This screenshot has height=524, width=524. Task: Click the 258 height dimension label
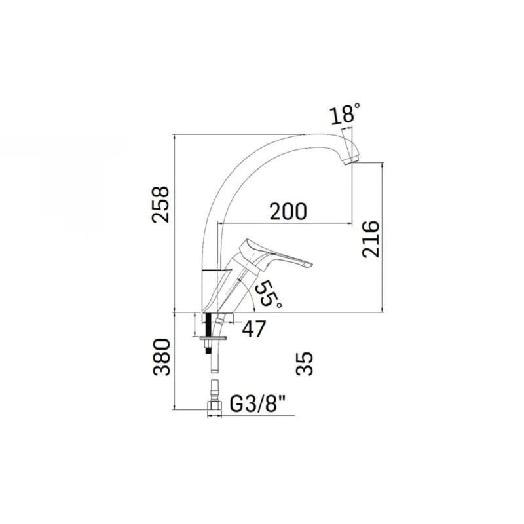click(x=160, y=204)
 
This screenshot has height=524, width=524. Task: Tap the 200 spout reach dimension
click(x=288, y=212)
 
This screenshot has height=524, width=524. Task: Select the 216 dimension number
click(x=371, y=238)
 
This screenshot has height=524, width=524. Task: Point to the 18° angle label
click(x=346, y=113)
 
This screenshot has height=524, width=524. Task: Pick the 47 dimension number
click(x=253, y=329)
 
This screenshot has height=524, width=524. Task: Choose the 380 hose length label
click(x=162, y=357)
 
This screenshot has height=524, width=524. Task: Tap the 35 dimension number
click(x=305, y=364)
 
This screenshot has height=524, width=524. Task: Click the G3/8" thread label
click(x=258, y=405)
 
